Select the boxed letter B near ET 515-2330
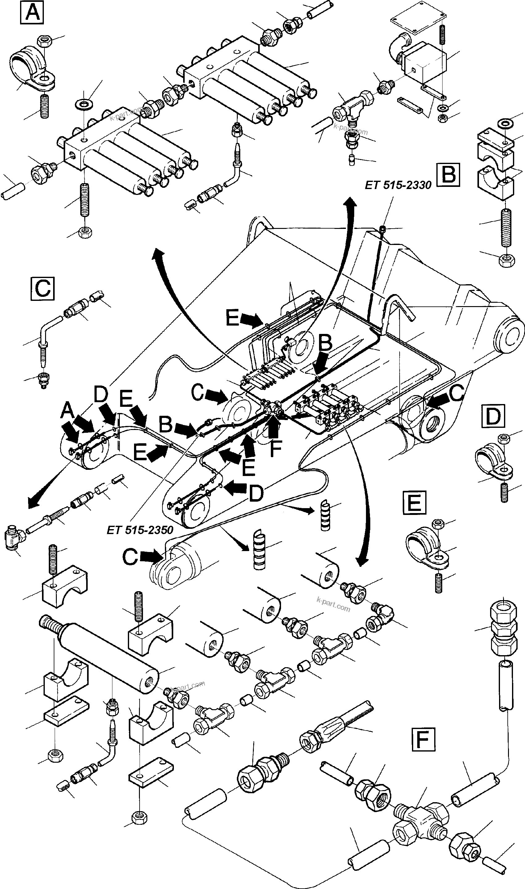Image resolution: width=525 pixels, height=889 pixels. click(x=448, y=175)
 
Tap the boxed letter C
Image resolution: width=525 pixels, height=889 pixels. click(x=42, y=288)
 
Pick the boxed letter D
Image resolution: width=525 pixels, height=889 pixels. click(x=493, y=417)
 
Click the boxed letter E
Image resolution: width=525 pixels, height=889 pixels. click(x=414, y=502)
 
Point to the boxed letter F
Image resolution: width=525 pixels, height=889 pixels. click(x=423, y=739)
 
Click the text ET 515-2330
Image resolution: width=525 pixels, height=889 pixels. click(x=398, y=185)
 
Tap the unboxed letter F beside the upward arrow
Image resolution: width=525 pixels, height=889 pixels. click(x=275, y=448)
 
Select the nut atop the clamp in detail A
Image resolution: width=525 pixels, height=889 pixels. click(x=45, y=42)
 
